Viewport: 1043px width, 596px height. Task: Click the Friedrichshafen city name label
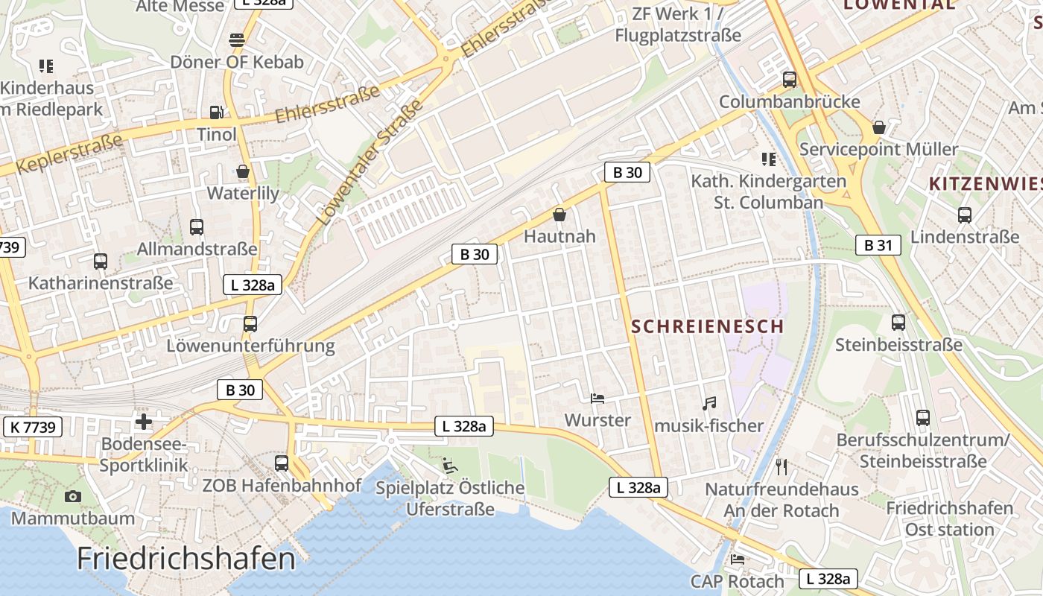[x=186, y=559]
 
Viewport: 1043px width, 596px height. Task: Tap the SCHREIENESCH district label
[x=707, y=326]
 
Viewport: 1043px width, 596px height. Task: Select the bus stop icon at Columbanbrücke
[x=790, y=79]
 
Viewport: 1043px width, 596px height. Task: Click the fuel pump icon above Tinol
[x=216, y=112]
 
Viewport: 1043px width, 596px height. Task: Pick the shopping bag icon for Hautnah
[x=559, y=215]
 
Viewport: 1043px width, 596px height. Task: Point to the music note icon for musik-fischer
[x=709, y=403]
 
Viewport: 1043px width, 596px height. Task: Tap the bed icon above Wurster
[x=597, y=398]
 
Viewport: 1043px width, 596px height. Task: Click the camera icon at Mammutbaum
[x=73, y=496]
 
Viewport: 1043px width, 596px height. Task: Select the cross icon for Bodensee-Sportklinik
[x=144, y=422]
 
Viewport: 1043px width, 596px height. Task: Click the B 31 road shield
[x=878, y=244]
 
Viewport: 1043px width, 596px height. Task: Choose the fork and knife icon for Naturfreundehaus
[x=782, y=467]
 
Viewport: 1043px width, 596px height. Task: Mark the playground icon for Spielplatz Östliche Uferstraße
[x=449, y=466]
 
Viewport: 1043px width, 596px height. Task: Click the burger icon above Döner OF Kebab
[x=237, y=39]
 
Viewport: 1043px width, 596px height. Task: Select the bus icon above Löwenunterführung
[x=250, y=324]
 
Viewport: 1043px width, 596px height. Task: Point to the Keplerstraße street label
[x=68, y=153]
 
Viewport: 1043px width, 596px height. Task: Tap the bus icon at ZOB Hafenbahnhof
[x=282, y=463]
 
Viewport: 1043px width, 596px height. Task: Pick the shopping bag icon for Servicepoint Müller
[x=879, y=127]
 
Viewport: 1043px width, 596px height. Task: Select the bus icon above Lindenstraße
[x=965, y=215]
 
